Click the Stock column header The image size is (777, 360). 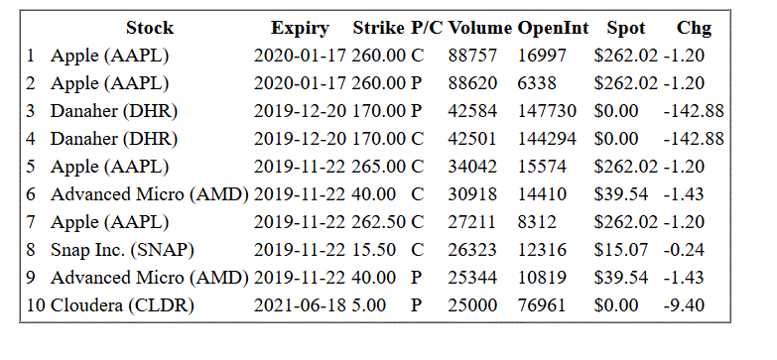pos(150,28)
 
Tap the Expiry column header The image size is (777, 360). pos(300,28)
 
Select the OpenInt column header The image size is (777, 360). pos(553,28)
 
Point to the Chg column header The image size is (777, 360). pos(694,28)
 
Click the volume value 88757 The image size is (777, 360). pos(472,56)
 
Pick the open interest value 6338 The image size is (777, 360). pos(537,83)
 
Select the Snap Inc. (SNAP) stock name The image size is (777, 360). pos(122,250)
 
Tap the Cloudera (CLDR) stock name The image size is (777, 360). pos(122,305)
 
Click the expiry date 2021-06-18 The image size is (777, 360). pos(300,305)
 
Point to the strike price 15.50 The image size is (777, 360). pos(374,250)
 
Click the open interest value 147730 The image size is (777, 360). pos(547,111)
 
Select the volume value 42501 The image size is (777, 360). pos(472,139)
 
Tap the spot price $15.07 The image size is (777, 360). pos(621,250)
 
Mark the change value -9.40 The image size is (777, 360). pos(684,305)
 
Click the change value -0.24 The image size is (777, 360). pos(684,250)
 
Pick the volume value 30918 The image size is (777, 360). pos(472,194)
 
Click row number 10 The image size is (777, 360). pos(36,305)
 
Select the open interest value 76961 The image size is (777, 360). pos(542,305)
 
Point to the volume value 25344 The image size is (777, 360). pos(472,278)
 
